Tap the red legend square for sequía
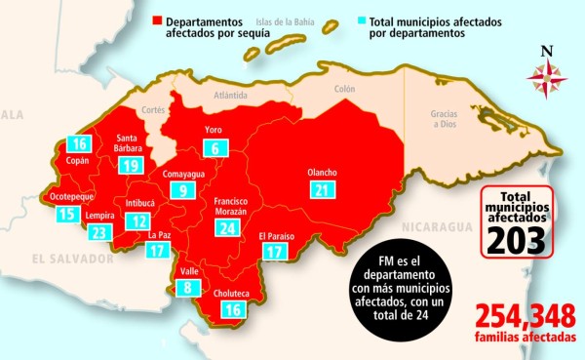[156, 20]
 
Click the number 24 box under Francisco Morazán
[228, 227]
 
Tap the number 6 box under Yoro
[214, 148]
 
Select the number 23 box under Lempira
[99, 232]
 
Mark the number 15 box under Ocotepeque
[66, 214]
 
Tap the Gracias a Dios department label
[445, 118]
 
